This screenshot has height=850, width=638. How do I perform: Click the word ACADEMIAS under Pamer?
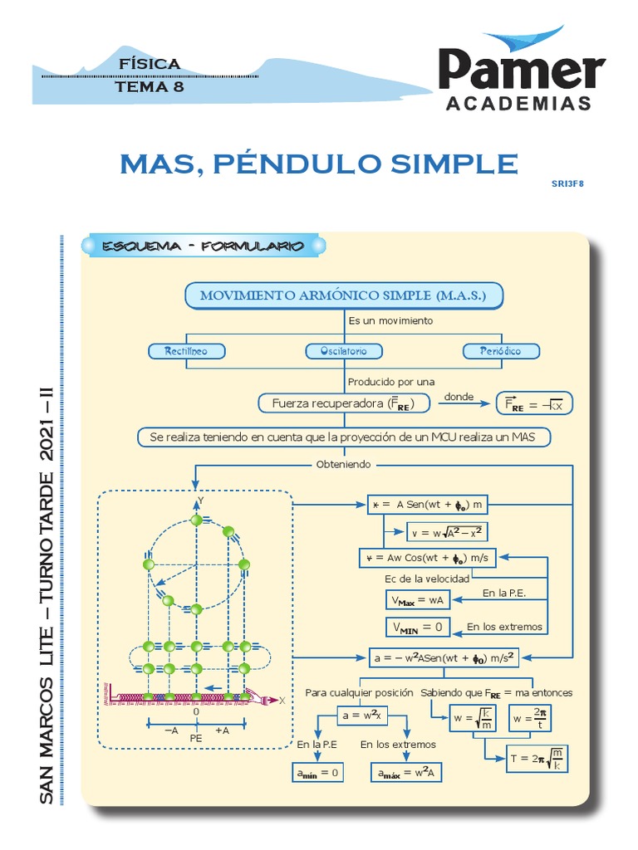click(519, 104)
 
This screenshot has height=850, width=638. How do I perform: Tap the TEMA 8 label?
click(150, 85)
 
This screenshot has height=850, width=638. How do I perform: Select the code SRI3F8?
click(568, 183)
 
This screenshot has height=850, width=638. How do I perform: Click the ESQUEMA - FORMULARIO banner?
click(203, 247)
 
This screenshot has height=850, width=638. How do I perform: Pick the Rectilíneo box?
click(186, 351)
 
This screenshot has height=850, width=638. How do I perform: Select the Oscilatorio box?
click(343, 351)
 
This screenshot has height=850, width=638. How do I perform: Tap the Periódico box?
click(500, 351)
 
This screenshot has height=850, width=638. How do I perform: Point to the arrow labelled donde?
click(459, 403)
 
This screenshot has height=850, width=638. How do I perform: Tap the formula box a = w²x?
click(362, 715)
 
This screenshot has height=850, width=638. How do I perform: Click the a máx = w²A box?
click(407, 773)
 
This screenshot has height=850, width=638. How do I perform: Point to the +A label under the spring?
click(223, 730)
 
